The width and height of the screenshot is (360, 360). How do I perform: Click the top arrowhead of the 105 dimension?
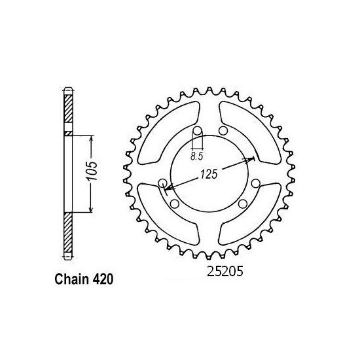point(90,139)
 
